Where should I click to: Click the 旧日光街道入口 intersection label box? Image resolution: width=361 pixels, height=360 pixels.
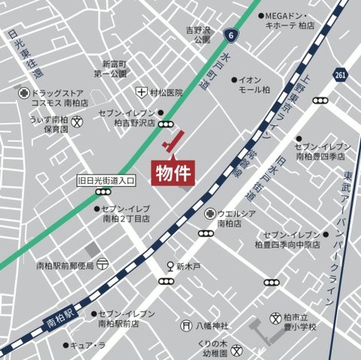click(x=106, y=181)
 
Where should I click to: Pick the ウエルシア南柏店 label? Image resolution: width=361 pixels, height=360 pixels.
click(x=237, y=218)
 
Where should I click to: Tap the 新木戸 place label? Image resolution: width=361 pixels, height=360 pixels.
click(x=188, y=267)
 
